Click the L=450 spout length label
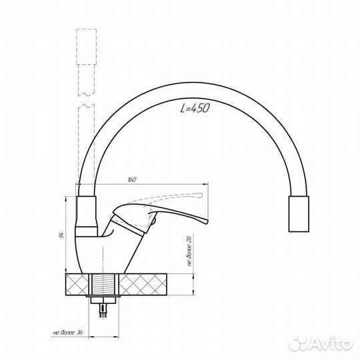(x=195, y=108)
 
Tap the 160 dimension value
(x=132, y=179)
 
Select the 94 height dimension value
(x=61, y=235)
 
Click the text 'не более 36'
(x=68, y=332)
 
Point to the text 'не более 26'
(x=189, y=251)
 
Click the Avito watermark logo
(x=321, y=343)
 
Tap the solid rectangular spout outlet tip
(x=299, y=214)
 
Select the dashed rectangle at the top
(x=86, y=47)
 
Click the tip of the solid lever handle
(x=207, y=221)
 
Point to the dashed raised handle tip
(x=201, y=195)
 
